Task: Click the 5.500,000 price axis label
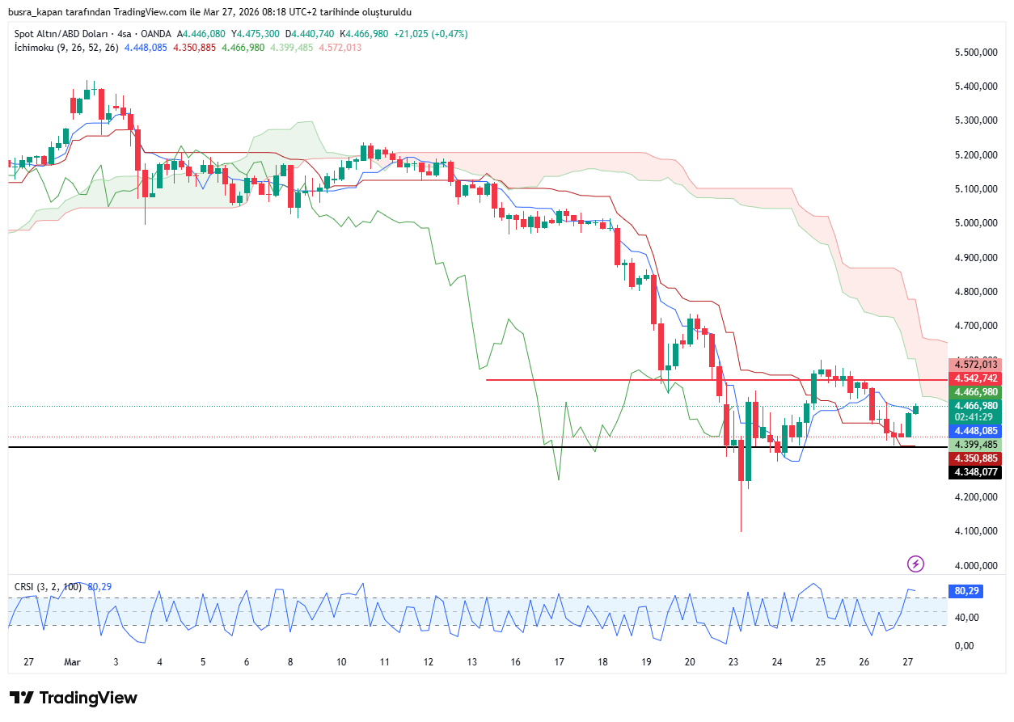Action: [x=974, y=53]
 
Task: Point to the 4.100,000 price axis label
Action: [x=974, y=531]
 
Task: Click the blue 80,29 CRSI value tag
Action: [x=967, y=591]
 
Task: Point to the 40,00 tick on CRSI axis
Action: [x=965, y=618]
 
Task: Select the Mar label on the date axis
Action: [x=73, y=661]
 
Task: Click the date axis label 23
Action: [x=733, y=661]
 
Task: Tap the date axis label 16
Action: [x=515, y=661]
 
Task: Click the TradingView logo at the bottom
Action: [x=74, y=698]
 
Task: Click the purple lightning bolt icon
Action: [x=916, y=564]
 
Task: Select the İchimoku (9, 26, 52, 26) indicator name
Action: [x=66, y=48]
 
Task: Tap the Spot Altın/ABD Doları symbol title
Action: [x=65, y=34]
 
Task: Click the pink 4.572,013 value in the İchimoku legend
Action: [x=340, y=48]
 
